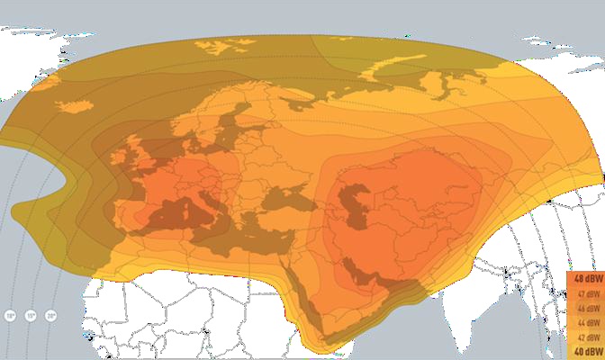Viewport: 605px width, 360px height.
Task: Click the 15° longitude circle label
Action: tap(31, 316)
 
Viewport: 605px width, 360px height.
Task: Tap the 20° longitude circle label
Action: tap(51, 316)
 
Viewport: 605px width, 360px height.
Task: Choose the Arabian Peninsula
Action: tap(347, 288)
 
